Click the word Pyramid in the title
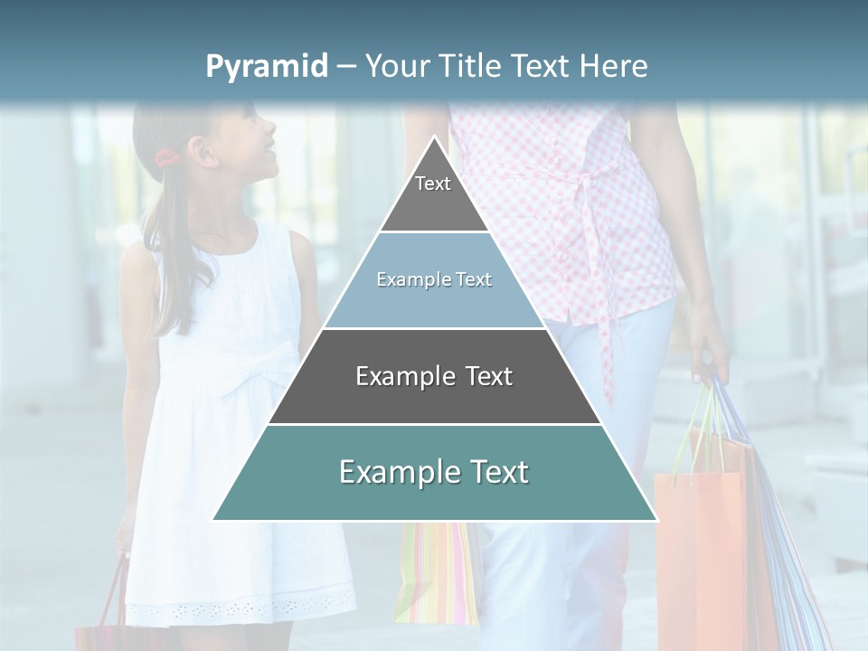click(x=266, y=67)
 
